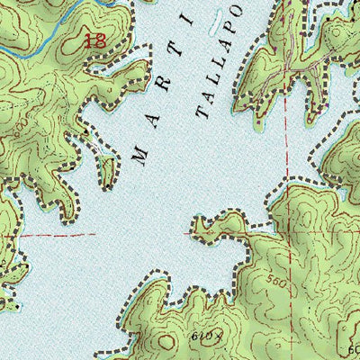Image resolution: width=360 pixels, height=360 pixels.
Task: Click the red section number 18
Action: pos(93,40)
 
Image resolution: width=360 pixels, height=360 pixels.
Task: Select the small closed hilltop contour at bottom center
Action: pos(167,343)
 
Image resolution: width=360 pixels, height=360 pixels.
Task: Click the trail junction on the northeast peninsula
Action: pos(289,68)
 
